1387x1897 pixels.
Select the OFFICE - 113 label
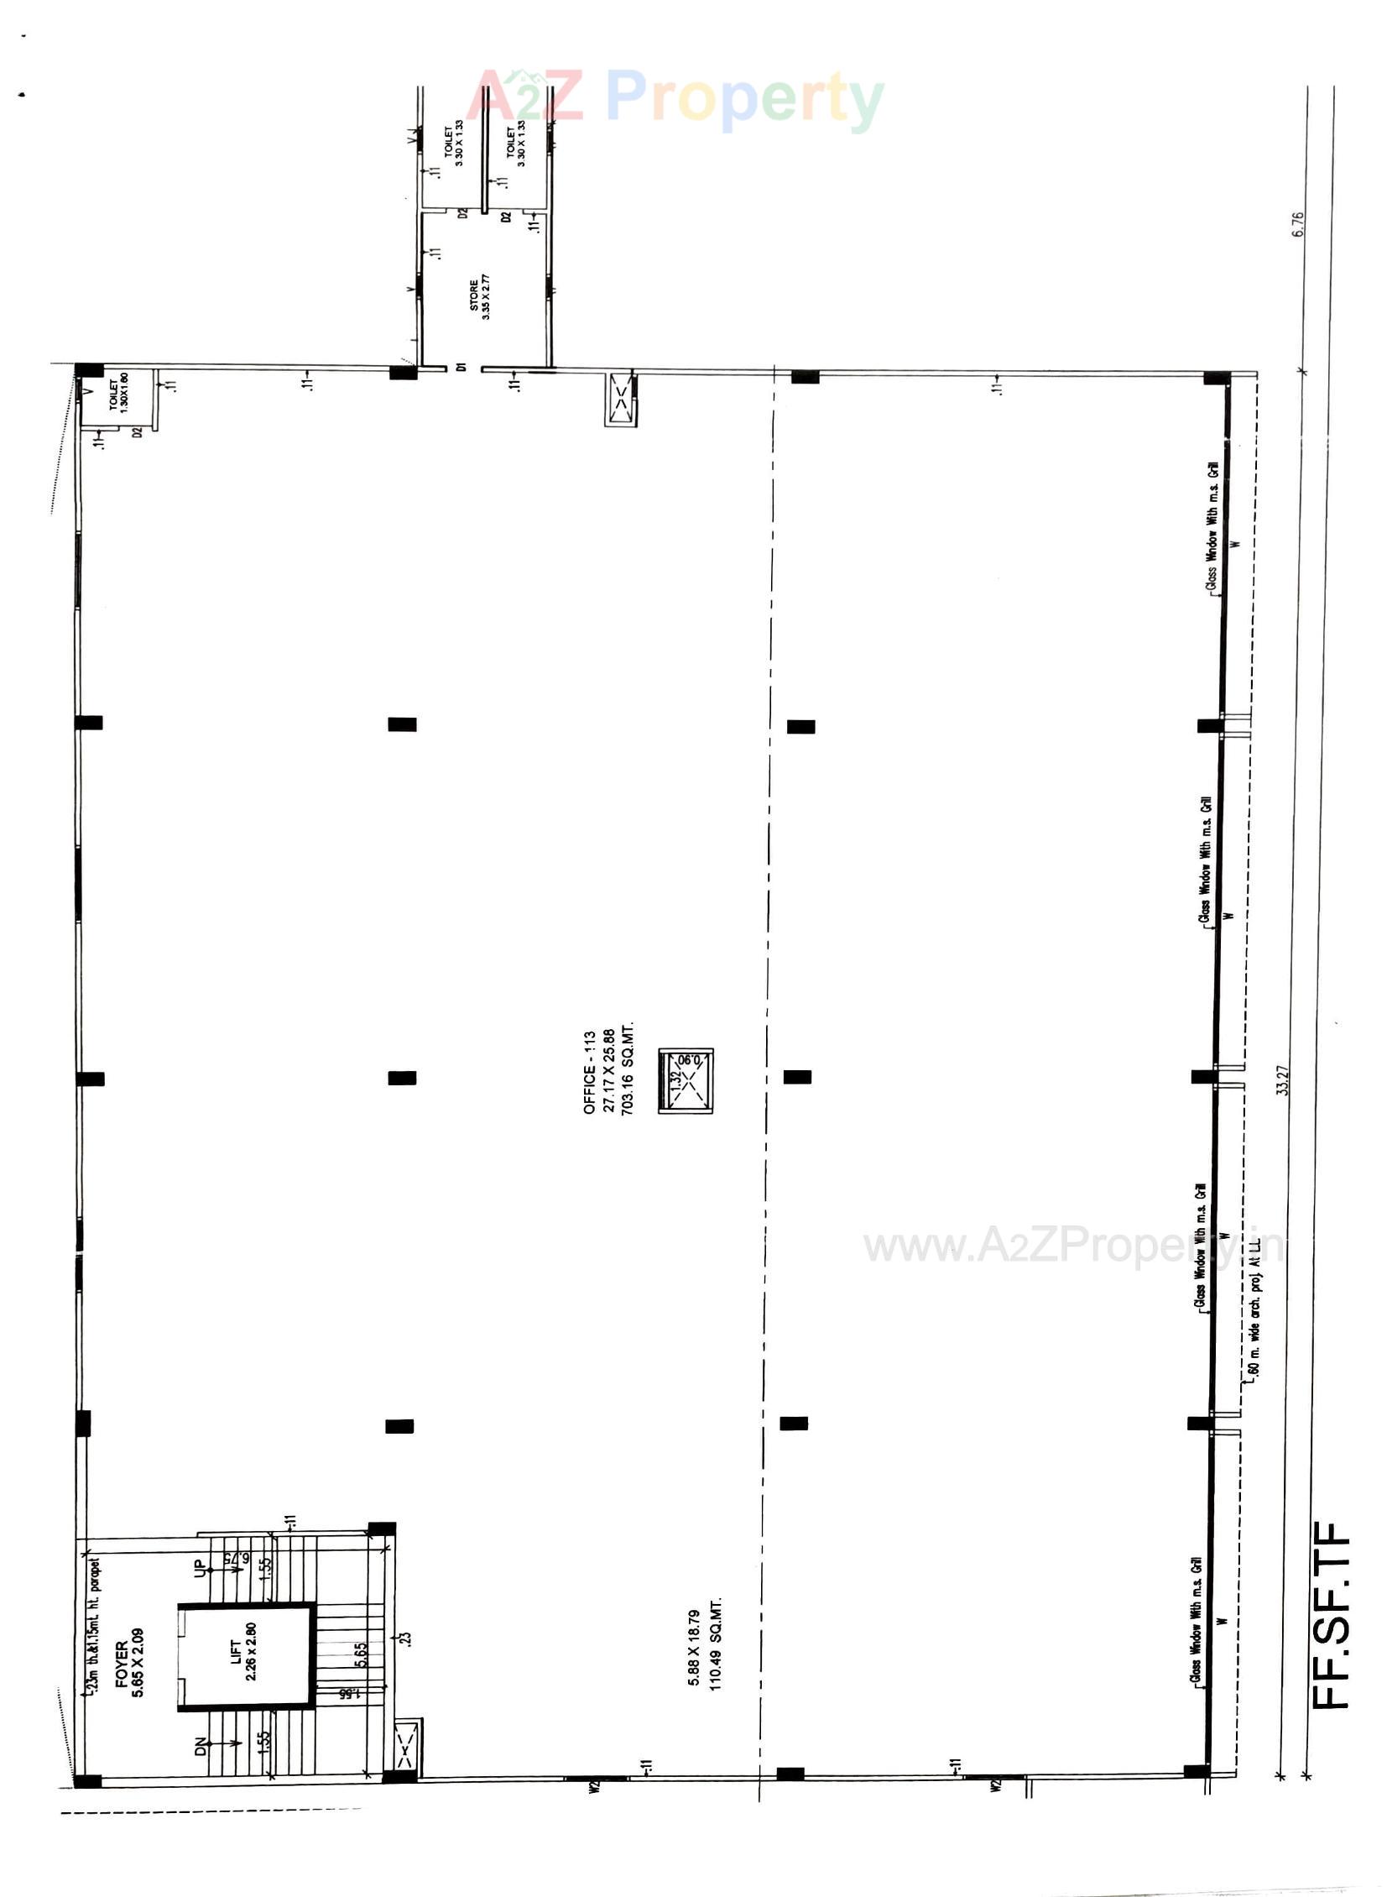589,1073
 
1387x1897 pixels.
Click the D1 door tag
461,367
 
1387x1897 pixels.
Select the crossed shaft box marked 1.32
685,1081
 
